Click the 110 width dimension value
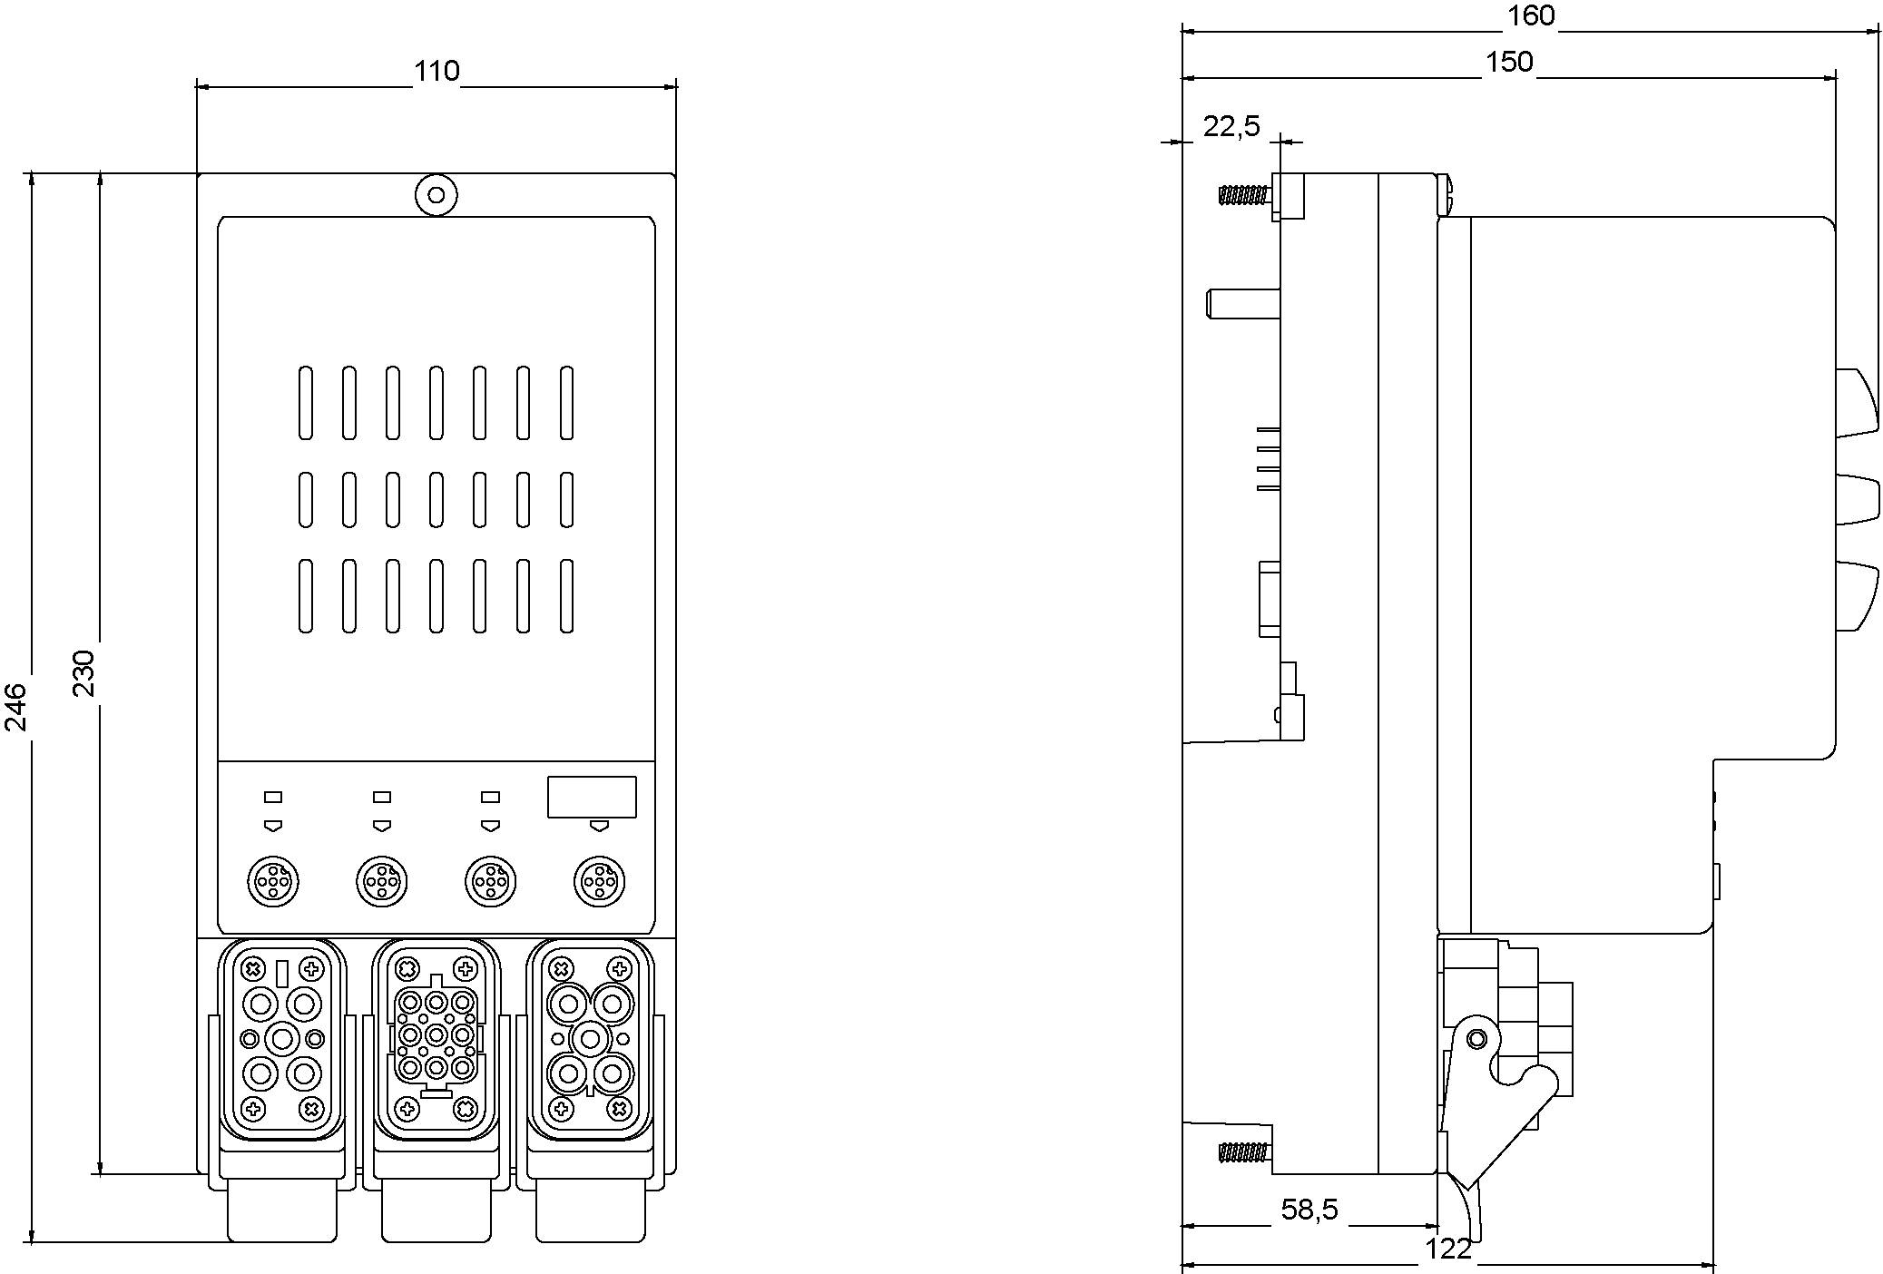pyautogui.click(x=437, y=72)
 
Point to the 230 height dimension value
pyautogui.click(x=83, y=672)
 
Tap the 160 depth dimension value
pyautogui.click(x=1530, y=15)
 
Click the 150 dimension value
pyautogui.click(x=1508, y=62)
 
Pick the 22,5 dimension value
pyautogui.click(x=1231, y=127)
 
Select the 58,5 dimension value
pyautogui.click(x=1309, y=1209)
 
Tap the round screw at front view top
pyautogui.click(x=436, y=195)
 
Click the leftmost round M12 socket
pyautogui.click(x=273, y=880)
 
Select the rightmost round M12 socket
pyautogui.click(x=599, y=880)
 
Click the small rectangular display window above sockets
pyautogui.click(x=592, y=797)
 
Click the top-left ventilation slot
pyautogui.click(x=306, y=403)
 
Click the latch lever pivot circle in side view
pyautogui.click(x=1476, y=1038)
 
